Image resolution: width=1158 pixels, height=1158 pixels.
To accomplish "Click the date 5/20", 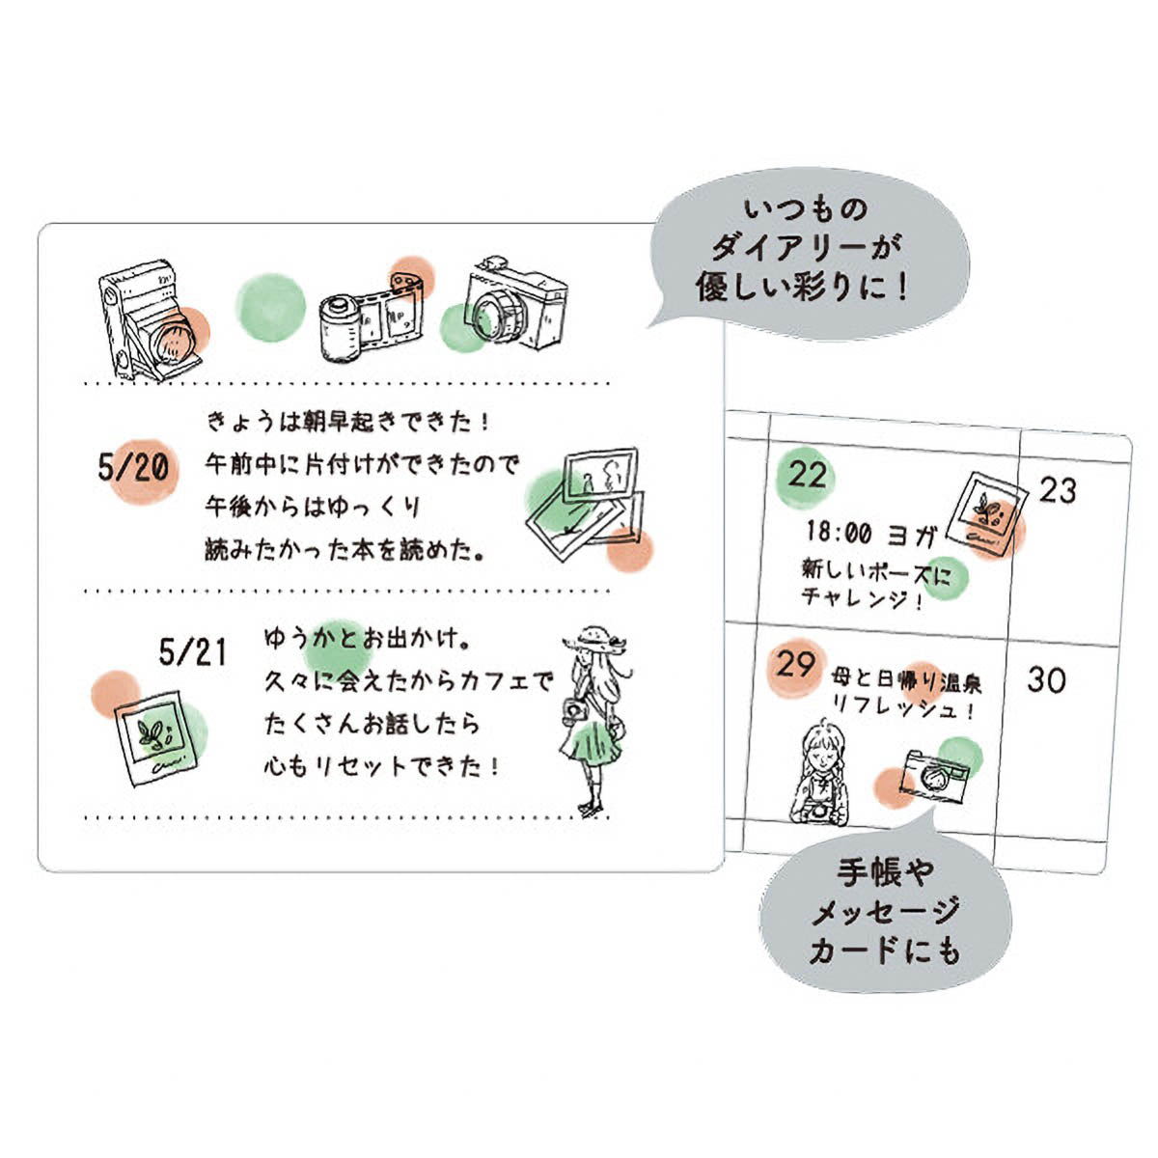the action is (x=133, y=467).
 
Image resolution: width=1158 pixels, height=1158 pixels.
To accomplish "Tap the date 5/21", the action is (x=193, y=652).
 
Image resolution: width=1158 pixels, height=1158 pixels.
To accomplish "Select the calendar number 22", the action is (x=807, y=476).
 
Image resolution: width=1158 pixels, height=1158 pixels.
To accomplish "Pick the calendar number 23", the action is (x=1058, y=490).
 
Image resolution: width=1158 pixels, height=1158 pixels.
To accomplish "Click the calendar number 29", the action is (x=795, y=664).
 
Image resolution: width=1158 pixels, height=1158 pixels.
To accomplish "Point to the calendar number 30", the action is (x=1046, y=679).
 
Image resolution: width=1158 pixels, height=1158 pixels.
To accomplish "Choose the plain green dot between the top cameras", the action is (x=271, y=308).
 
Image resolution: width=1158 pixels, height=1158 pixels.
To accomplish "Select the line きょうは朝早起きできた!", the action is (x=348, y=422).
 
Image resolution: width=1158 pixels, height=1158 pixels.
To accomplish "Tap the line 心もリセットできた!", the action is (x=381, y=766).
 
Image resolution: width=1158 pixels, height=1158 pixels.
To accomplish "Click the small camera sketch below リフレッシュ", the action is (x=933, y=777).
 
